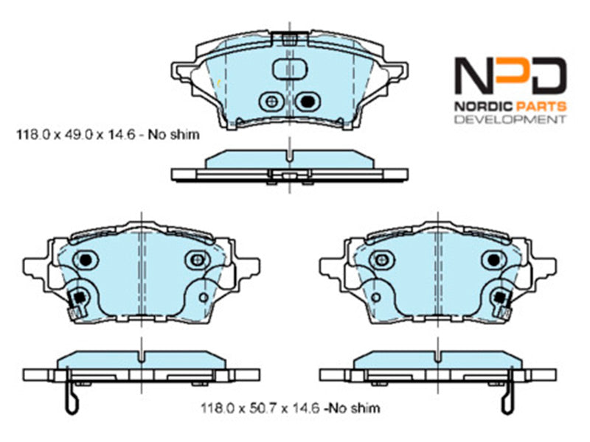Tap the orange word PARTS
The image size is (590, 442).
[541, 106]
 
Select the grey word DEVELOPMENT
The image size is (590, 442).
[510, 119]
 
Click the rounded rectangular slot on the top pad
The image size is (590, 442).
[289, 69]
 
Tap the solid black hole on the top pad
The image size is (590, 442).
[308, 101]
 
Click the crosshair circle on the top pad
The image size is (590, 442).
[271, 101]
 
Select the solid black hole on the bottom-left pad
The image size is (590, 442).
[86, 259]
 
